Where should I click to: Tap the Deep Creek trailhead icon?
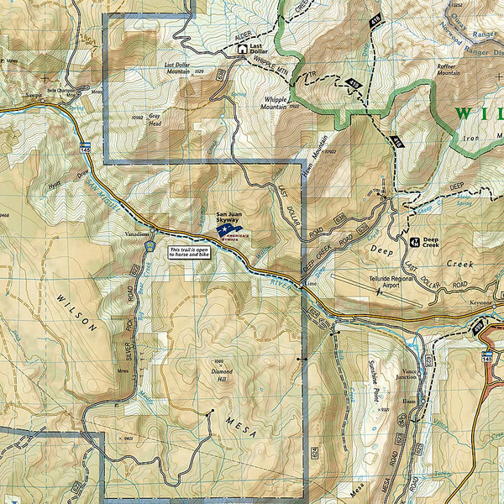click(415, 242)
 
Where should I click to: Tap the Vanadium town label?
click(137, 234)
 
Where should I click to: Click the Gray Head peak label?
click(154, 122)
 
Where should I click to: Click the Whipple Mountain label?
click(273, 102)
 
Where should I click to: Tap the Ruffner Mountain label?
click(449, 70)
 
